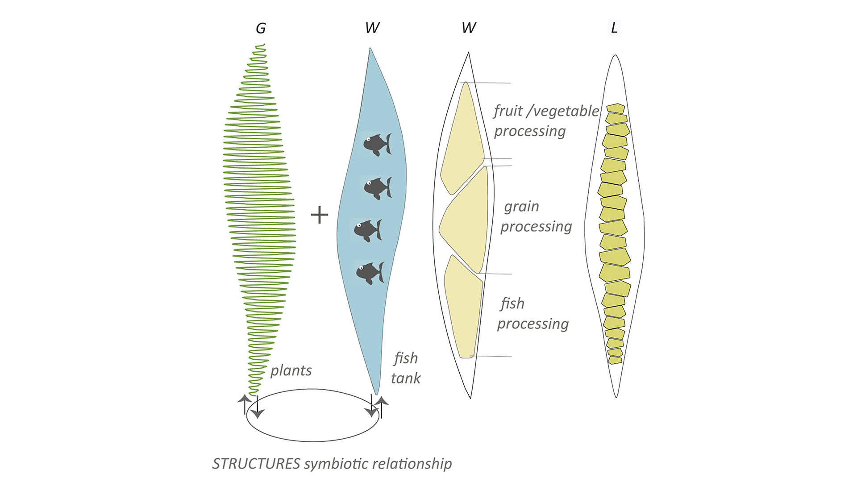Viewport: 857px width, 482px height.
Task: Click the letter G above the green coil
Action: (261, 29)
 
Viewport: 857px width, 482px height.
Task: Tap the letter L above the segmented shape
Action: (614, 28)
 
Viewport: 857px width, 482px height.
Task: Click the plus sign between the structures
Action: (319, 215)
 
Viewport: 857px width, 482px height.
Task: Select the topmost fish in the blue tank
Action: (377, 144)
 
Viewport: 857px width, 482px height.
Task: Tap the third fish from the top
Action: (367, 230)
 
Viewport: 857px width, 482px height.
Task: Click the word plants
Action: (291, 370)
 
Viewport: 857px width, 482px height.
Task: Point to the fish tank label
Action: (406, 368)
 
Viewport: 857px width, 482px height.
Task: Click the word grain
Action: (521, 207)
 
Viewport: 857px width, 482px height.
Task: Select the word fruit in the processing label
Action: (508, 111)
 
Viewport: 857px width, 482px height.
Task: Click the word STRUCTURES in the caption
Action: (256, 464)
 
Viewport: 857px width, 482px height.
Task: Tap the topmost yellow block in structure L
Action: (615, 108)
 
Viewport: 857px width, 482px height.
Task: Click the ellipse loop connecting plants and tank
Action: (312, 441)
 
